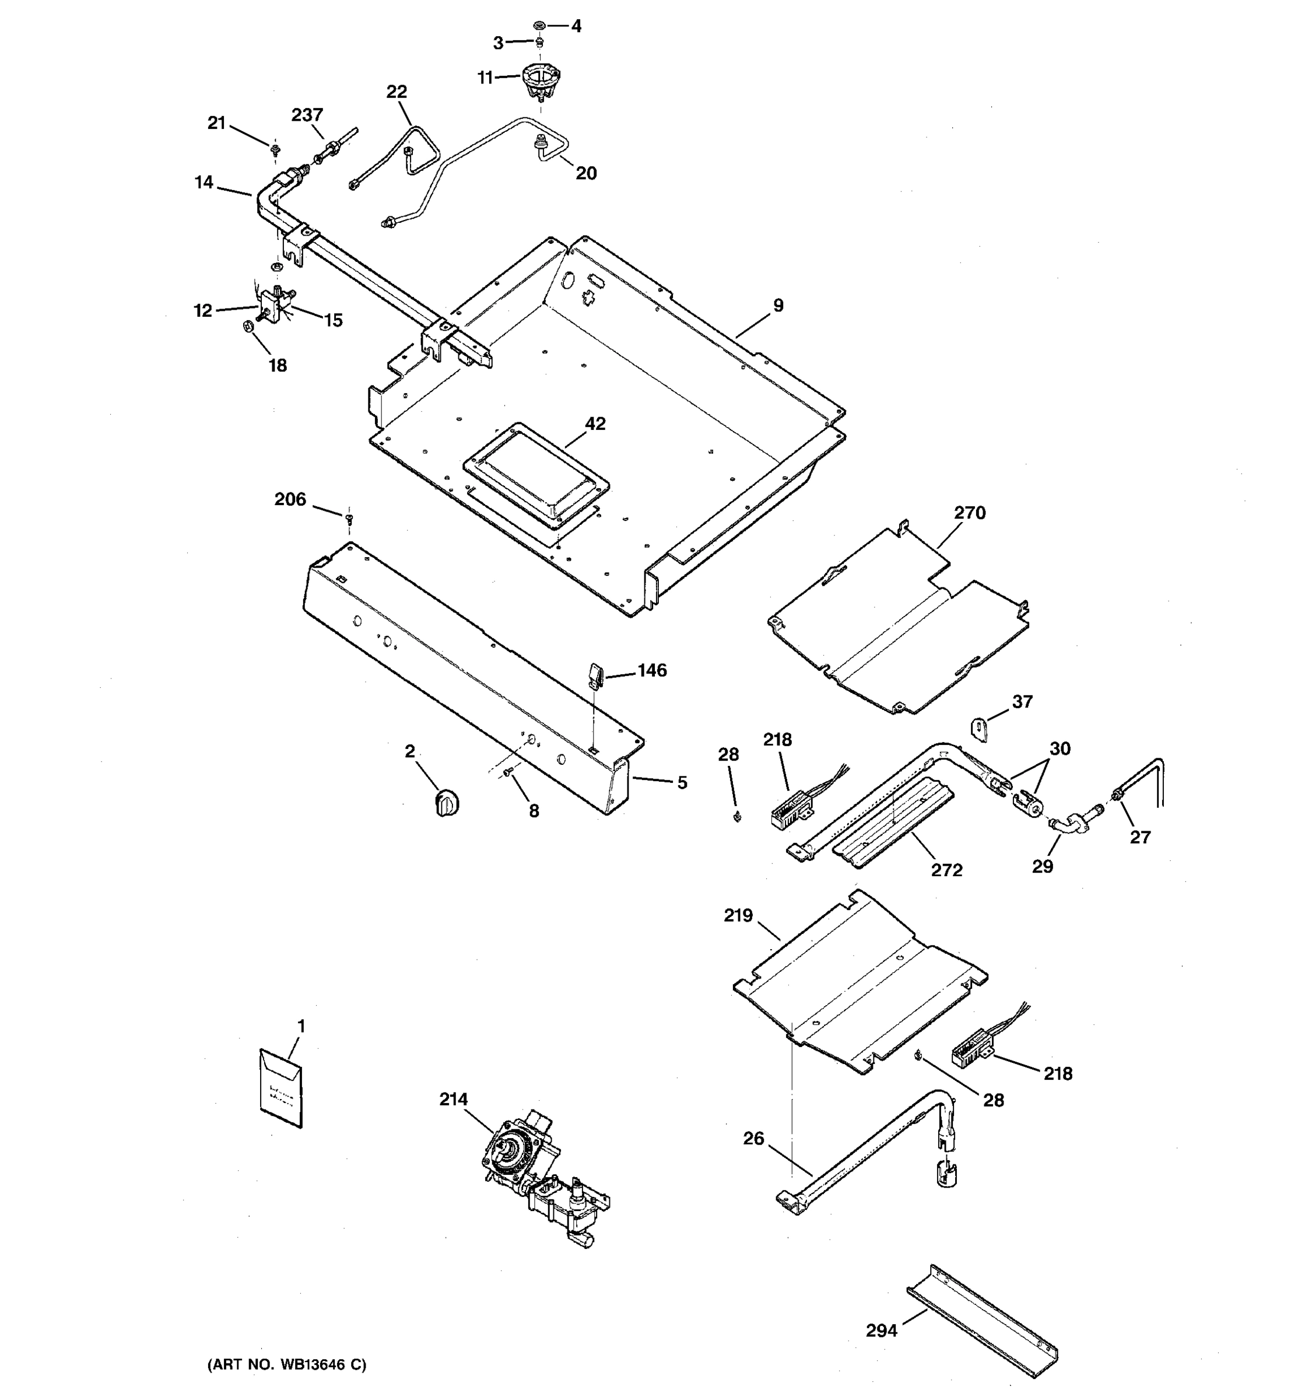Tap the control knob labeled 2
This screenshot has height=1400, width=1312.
pyautogui.click(x=446, y=802)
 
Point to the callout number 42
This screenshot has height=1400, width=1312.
pyautogui.click(x=595, y=423)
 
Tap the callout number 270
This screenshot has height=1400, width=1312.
pyautogui.click(x=969, y=513)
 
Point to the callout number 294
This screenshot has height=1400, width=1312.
pyautogui.click(x=881, y=1330)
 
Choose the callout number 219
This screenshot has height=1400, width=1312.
pyautogui.click(x=738, y=915)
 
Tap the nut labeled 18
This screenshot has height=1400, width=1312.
pyautogui.click(x=248, y=326)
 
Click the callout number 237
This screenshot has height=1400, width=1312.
pyautogui.click(x=307, y=115)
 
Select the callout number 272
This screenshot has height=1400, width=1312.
pyautogui.click(x=947, y=870)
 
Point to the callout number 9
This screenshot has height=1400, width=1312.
pyautogui.click(x=778, y=305)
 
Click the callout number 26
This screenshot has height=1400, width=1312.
pyautogui.click(x=753, y=1139)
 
